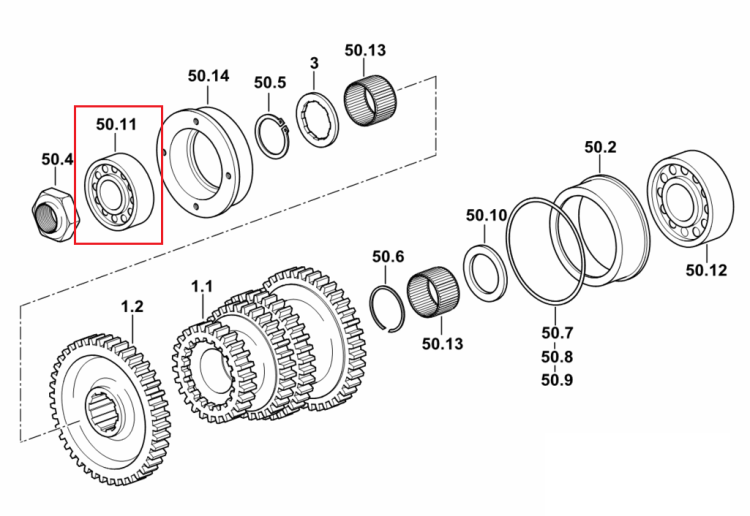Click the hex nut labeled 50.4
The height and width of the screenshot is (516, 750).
coord(55,215)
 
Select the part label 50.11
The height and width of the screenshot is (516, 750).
coord(116,124)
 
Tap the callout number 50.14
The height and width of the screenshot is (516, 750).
coord(208,76)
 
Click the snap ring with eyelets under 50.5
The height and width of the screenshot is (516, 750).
coord(272,135)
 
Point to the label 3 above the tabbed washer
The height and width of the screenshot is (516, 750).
coord(314,63)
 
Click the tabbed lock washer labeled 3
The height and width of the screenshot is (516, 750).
coord(317,120)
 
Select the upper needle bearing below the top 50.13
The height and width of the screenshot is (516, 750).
coord(370,100)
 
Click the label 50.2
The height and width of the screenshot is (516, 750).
coord(600,147)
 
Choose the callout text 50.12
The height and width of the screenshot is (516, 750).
coord(706,270)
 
